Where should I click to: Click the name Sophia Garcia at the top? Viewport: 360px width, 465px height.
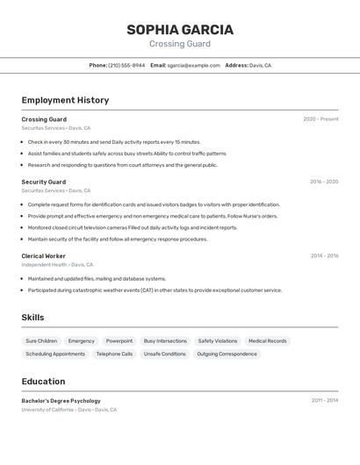coord(180,30)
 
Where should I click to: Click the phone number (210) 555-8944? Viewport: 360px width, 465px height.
coord(126,65)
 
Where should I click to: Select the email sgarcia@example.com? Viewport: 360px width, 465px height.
coord(193,65)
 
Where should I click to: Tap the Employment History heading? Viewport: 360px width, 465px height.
coord(65,100)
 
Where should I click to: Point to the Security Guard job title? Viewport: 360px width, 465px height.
coord(44,182)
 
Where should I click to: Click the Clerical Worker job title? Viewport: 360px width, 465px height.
coord(44,256)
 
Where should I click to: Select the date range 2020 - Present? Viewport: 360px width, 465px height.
coord(320,119)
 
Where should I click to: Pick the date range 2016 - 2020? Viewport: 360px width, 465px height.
coord(324,182)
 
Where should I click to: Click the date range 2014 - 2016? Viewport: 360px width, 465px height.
coord(324,256)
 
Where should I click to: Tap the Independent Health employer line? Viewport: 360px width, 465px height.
coord(57,264)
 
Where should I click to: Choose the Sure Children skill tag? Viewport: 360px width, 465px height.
coord(41,340)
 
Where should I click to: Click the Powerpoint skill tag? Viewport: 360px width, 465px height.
coord(119,340)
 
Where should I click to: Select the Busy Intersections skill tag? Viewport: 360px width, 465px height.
coord(165,340)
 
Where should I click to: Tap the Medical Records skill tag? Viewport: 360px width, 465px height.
coord(267,340)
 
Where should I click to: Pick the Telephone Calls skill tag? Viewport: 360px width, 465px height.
coord(114,354)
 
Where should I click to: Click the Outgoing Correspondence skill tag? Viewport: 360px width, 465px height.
coord(227,354)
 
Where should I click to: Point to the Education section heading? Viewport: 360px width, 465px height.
coord(43,382)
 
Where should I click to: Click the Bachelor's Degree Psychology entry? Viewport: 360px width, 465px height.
coord(61,401)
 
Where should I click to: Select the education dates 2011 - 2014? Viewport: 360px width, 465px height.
coord(324,400)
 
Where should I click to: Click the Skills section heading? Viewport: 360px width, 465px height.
coord(32,318)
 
